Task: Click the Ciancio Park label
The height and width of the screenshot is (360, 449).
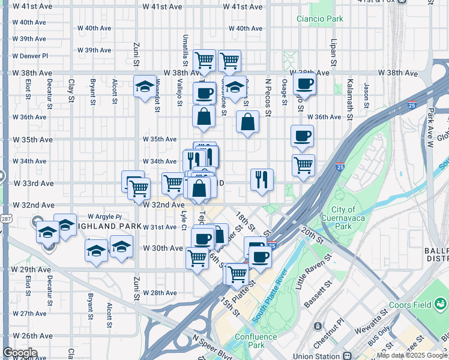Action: tap(320, 19)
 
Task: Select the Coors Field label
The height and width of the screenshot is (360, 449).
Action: tap(411, 305)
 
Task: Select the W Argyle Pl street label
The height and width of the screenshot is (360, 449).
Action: tap(104, 216)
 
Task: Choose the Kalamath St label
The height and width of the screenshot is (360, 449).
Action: tap(348, 92)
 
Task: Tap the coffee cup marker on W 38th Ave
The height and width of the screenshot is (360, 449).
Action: tap(304, 85)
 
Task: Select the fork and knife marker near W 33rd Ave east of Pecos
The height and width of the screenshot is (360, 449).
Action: tap(262, 178)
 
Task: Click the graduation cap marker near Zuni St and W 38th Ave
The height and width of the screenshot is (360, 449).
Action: tap(144, 87)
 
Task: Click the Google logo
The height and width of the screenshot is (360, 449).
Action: tap(20, 353)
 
